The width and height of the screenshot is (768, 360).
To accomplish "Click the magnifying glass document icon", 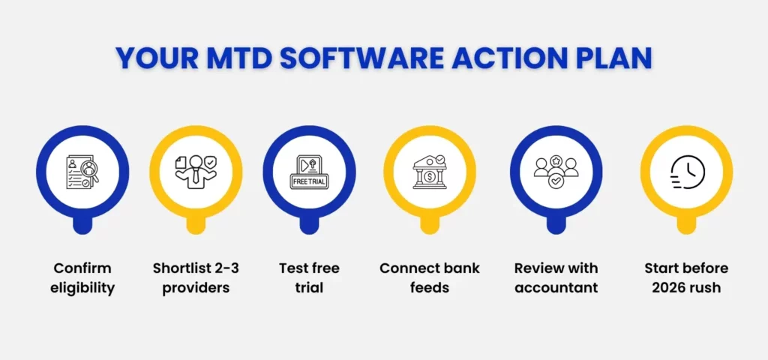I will click(82, 172).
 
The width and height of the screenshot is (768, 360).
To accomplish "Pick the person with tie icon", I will click(196, 172).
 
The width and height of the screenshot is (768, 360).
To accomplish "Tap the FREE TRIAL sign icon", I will click(309, 172).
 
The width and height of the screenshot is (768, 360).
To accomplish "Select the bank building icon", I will click(429, 172).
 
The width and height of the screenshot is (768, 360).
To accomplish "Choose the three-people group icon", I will click(556, 172).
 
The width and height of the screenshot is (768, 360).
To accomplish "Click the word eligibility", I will click(82, 288).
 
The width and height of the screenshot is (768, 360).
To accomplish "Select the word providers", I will click(196, 288).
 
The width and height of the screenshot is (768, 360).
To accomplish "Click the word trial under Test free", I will click(309, 288).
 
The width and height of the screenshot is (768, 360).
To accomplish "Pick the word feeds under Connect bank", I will click(429, 288).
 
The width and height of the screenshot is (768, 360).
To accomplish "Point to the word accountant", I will click(556, 288).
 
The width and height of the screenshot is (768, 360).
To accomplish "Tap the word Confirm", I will click(82, 268).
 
